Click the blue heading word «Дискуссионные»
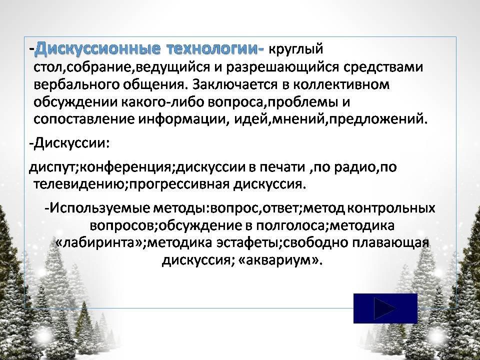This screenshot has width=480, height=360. pyautogui.click(x=97, y=49)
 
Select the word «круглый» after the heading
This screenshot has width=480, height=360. pyautogui.click(x=296, y=49)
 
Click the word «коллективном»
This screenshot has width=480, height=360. pyautogui.click(x=341, y=85)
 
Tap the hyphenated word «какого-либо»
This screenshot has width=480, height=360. pyautogui.click(x=163, y=102)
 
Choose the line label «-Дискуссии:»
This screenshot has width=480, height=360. pyautogui.click(x=69, y=143)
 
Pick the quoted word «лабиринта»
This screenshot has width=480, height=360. pyautogui.click(x=98, y=243)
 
